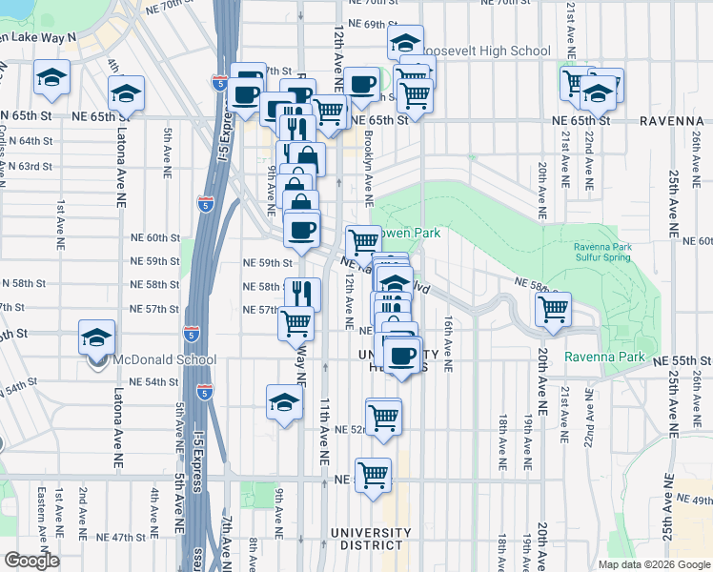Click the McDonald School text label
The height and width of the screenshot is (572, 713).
165,360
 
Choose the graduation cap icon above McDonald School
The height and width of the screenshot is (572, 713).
95,337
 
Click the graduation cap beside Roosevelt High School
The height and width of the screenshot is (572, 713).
405,42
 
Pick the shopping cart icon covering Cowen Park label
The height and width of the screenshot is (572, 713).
363,241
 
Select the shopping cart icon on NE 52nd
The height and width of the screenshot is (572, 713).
383,416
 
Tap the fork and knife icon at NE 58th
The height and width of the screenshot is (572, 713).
302,292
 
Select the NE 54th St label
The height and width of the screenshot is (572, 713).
157,381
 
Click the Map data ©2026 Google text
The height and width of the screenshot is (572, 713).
653,564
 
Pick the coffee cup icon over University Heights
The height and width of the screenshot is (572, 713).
403,356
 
